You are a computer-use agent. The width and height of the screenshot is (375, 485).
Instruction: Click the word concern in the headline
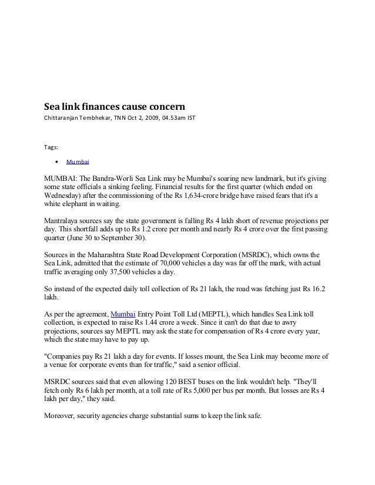166,107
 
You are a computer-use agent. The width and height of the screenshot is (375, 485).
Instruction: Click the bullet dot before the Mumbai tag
56,160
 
